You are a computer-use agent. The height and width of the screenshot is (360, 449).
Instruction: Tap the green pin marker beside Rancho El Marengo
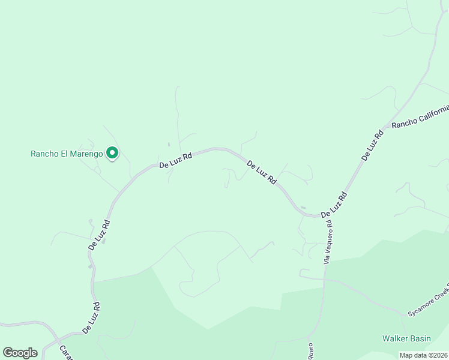pyautogui.click(x=112, y=154)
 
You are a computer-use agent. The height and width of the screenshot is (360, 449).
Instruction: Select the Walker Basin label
pyautogui.click(x=406, y=339)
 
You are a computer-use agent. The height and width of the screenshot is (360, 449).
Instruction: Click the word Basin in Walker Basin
pyautogui.click(x=420, y=339)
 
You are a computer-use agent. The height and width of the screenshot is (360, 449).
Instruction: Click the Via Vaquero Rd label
pyautogui.click(x=328, y=242)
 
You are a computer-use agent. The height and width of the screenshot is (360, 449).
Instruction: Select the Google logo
pyautogui.click(x=20, y=352)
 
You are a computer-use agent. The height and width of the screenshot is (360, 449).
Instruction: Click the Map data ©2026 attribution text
pyautogui.click(x=423, y=355)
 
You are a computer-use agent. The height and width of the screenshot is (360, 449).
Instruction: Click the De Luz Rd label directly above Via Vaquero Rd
pyautogui.click(x=334, y=205)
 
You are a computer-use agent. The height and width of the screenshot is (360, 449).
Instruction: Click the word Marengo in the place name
pyautogui.click(x=86, y=154)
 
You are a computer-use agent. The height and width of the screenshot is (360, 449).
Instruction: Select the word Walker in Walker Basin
pyautogui.click(x=394, y=339)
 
